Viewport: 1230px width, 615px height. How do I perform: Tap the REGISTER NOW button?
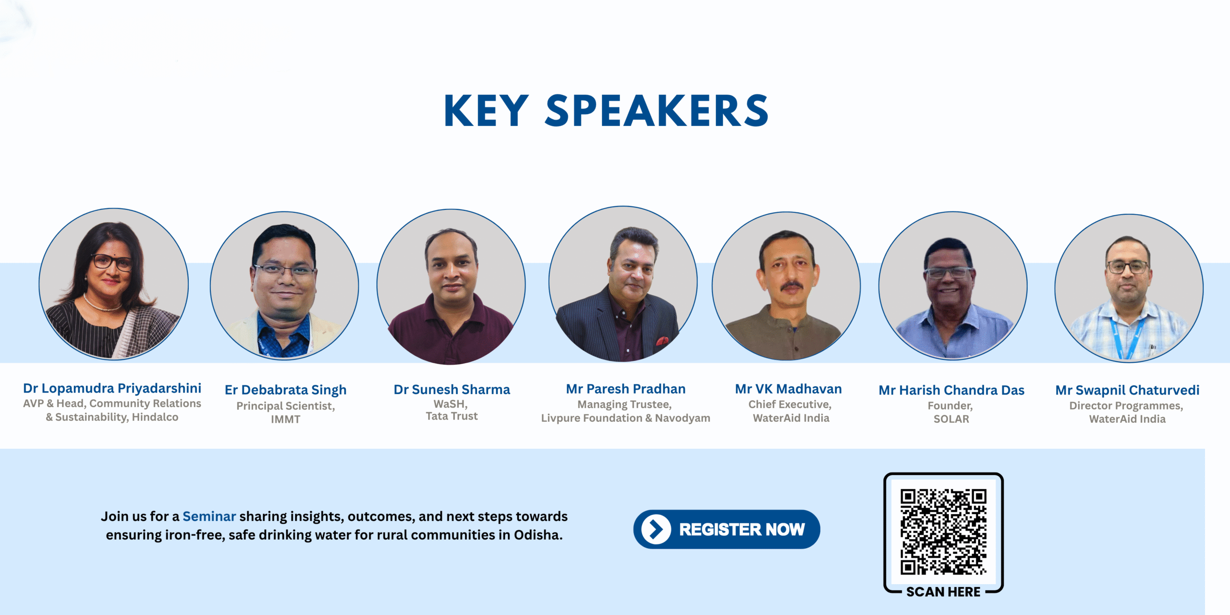(726, 529)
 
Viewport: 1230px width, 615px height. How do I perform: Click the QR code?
(943, 531)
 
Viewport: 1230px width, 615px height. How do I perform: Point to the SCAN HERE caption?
(943, 592)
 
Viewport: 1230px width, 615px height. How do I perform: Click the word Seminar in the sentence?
(209, 517)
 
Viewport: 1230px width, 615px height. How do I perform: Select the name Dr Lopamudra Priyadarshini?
(112, 388)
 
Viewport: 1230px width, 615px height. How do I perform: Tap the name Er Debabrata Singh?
(285, 390)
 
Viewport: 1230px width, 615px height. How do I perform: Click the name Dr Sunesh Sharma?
(452, 389)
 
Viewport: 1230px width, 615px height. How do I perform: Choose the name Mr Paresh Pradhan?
(626, 389)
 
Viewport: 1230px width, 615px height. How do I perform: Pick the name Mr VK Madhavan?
(788, 389)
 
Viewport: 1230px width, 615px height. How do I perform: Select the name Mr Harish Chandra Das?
(951, 390)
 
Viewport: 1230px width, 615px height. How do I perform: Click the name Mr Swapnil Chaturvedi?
(1127, 390)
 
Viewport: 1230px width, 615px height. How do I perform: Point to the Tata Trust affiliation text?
(452, 416)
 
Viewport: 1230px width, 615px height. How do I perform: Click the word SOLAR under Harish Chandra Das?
(951, 419)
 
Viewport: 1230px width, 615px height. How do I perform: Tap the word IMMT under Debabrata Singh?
(285, 419)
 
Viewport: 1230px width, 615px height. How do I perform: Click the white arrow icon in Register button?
(656, 529)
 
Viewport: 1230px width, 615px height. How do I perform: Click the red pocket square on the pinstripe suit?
(663, 341)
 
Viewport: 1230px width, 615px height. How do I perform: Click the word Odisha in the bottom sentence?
(538, 535)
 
